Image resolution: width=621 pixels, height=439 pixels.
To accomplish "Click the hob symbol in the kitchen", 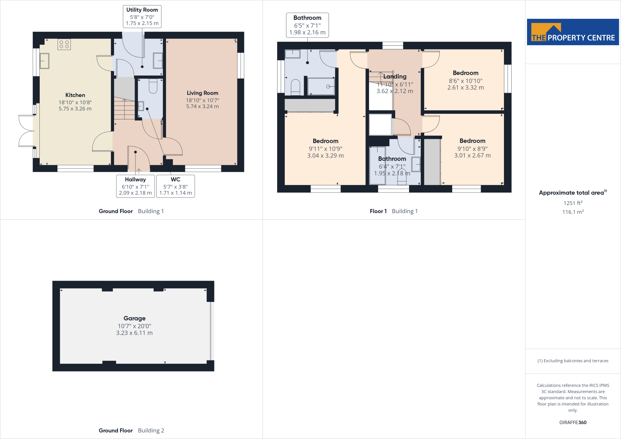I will pyautogui.click(x=64, y=45).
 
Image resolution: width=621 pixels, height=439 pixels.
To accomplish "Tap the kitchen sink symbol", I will pyautogui.click(x=44, y=61).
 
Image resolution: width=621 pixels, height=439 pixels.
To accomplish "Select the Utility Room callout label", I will pyautogui.click(x=142, y=16).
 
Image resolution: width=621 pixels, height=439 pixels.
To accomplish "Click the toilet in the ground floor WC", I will pyautogui.click(x=153, y=86).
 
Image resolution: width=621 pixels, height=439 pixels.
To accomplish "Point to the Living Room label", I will pyautogui.click(x=202, y=93).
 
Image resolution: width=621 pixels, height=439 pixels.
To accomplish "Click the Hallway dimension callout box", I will pyautogui.click(x=135, y=186).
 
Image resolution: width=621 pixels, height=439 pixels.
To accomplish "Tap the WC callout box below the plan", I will pyautogui.click(x=175, y=186).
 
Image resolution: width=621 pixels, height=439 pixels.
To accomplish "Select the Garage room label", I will pyautogui.click(x=134, y=318).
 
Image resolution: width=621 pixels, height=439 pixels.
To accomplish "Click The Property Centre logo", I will pyautogui.click(x=572, y=32).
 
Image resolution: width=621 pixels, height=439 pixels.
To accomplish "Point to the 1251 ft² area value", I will pyautogui.click(x=573, y=203).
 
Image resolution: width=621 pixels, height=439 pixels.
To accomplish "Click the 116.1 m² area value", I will pyautogui.click(x=573, y=212).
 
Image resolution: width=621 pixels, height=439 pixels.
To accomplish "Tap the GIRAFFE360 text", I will pyautogui.click(x=573, y=422).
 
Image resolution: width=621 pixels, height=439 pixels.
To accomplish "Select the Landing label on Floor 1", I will pyautogui.click(x=394, y=76).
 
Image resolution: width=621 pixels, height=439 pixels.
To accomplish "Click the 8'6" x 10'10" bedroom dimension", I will pyautogui.click(x=465, y=81).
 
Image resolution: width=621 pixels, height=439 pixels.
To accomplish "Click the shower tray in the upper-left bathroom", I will pyautogui.click(x=321, y=86).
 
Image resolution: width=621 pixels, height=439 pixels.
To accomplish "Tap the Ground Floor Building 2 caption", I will pyautogui.click(x=131, y=431).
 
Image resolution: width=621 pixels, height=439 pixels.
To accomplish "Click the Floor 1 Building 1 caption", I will pyautogui.click(x=394, y=211).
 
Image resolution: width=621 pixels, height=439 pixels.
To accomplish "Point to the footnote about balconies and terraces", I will pyautogui.click(x=573, y=361).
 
